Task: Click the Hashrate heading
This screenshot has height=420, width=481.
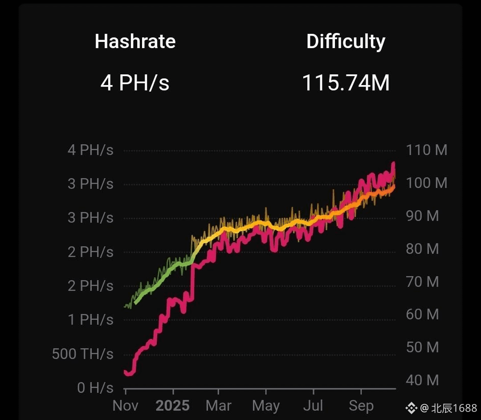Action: point(135,41)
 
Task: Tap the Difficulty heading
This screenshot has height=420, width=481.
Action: point(346,42)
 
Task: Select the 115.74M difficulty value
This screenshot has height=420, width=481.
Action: point(346,83)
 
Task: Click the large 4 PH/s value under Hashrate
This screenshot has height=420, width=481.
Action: point(135,83)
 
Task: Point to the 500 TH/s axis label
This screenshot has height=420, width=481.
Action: point(83,354)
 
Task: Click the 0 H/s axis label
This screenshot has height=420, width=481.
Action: point(95,388)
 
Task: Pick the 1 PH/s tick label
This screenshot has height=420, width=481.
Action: point(91,320)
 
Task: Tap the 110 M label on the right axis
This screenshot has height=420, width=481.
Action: point(427,150)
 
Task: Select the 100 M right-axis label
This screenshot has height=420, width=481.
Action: point(427,183)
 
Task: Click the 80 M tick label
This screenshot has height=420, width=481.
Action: point(422,249)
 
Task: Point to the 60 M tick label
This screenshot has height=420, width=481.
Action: point(422,314)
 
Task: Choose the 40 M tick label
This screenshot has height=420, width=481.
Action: point(422,380)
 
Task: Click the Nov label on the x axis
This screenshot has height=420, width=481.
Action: point(126,406)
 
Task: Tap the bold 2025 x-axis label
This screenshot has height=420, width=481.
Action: point(173,406)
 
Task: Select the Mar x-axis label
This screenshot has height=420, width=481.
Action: point(218,406)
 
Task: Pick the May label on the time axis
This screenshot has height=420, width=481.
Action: point(266,406)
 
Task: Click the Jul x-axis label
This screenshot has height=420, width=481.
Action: point(313,406)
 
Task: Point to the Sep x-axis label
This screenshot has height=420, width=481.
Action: point(361,406)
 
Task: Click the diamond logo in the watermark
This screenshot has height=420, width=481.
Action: point(412,408)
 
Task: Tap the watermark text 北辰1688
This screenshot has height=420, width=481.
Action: point(454,408)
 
